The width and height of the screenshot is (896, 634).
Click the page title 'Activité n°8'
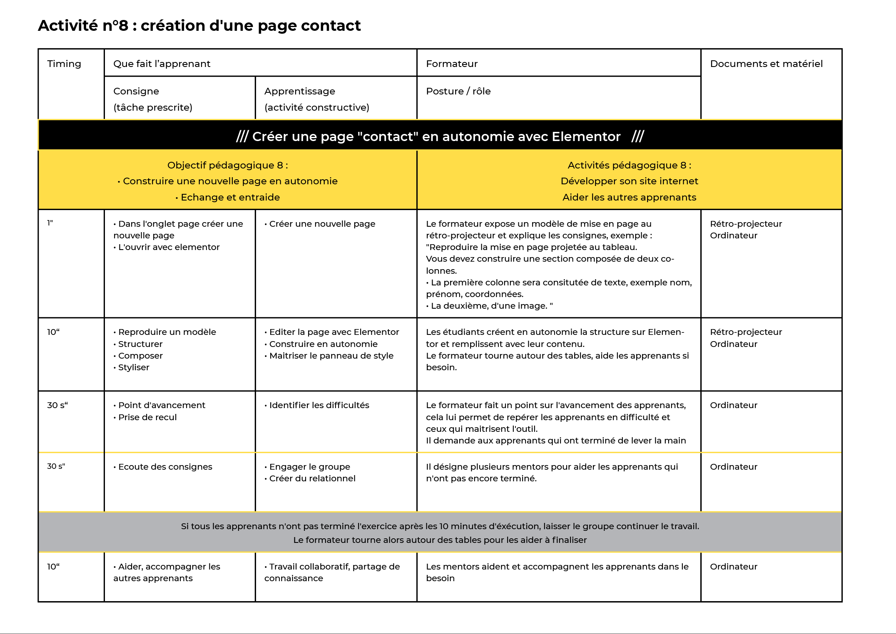coord(83,26)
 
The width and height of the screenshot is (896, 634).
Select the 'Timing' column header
coord(64,64)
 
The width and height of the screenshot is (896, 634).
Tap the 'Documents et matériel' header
coord(766,64)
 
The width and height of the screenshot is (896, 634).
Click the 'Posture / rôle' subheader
coord(458,91)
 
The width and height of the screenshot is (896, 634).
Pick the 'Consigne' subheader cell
coord(136,91)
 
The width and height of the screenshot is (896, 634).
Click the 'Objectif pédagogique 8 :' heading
coord(227,165)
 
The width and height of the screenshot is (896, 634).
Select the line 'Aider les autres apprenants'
coord(629,197)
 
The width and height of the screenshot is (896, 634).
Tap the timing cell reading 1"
coord(50,223)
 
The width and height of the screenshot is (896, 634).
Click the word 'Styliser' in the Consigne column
coord(134,367)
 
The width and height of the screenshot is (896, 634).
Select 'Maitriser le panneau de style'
coord(331,356)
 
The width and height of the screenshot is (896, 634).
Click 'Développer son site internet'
coord(629,181)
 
